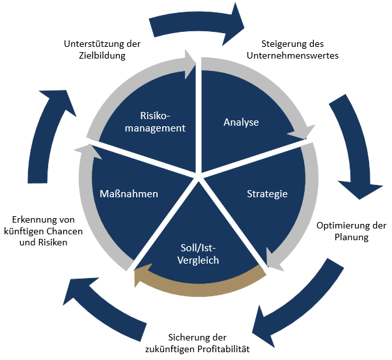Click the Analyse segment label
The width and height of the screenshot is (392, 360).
[241, 122]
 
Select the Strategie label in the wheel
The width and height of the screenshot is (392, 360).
[267, 194]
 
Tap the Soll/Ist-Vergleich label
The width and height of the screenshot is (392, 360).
[198, 254]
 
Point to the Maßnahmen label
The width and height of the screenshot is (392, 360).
[129, 194]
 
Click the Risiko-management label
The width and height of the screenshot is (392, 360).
[155, 122]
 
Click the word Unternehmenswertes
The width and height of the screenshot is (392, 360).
[292, 55]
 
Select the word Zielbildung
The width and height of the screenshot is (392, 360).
[102, 55]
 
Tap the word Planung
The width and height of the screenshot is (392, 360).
[352, 237]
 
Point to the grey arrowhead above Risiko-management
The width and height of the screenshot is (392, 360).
[189, 64]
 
